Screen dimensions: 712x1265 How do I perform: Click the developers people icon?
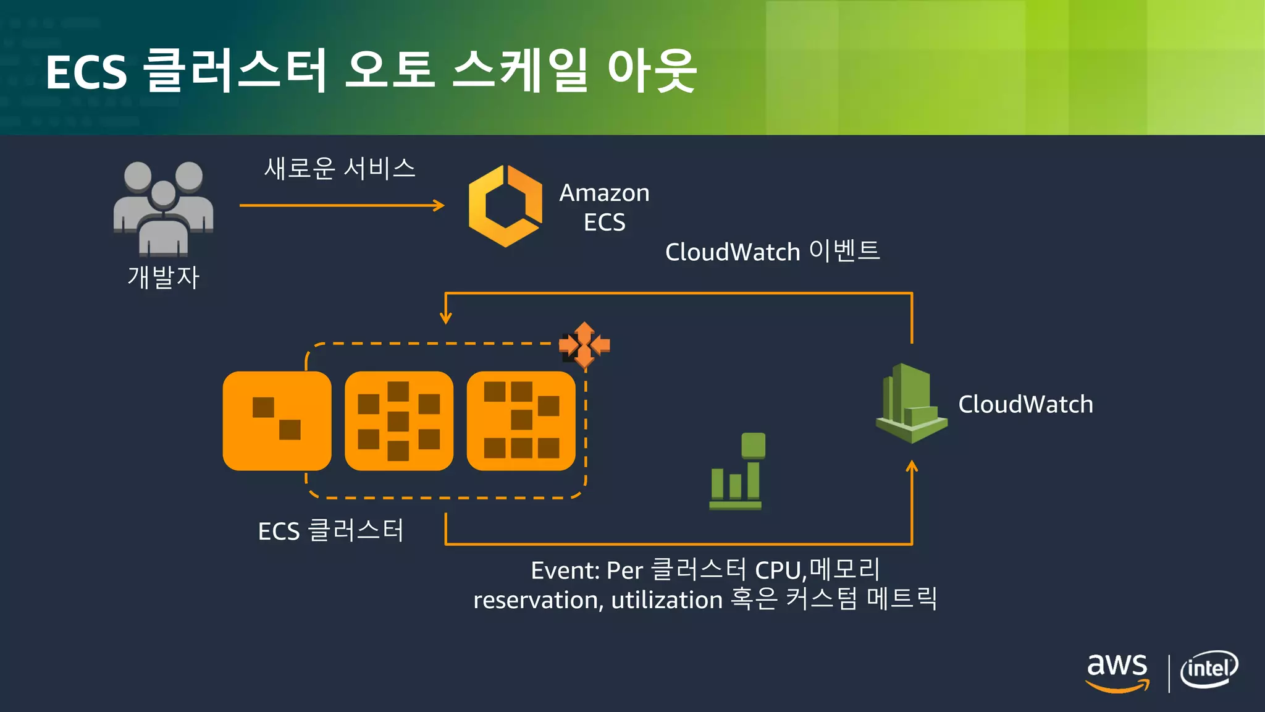tap(163, 207)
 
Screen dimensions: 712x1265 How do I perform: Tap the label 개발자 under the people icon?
tap(163, 278)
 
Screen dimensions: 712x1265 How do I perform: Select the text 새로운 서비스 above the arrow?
tap(340, 168)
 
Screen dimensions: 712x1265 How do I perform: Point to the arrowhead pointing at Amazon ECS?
tap(440, 205)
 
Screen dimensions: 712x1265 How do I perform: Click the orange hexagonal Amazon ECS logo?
tap(505, 206)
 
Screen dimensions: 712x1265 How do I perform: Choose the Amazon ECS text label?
tap(604, 207)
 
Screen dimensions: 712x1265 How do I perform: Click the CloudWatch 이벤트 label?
tap(772, 251)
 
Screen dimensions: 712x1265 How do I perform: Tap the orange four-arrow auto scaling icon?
tap(584, 345)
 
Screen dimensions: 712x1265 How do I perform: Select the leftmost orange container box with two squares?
tap(277, 420)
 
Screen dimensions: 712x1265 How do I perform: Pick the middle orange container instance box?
tap(398, 420)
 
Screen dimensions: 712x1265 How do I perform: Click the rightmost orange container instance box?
tap(521, 420)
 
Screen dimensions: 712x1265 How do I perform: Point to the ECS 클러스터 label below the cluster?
tap(330, 530)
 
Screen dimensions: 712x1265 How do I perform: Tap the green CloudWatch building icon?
tap(911, 403)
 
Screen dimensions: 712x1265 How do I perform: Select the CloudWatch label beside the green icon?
tap(1025, 404)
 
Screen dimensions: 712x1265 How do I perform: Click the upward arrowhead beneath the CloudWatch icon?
tap(912, 466)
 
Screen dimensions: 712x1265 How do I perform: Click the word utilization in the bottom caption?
tap(666, 600)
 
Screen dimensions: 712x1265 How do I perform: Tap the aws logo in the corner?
tap(1117, 672)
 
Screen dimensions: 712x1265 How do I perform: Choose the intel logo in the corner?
tap(1209, 669)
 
